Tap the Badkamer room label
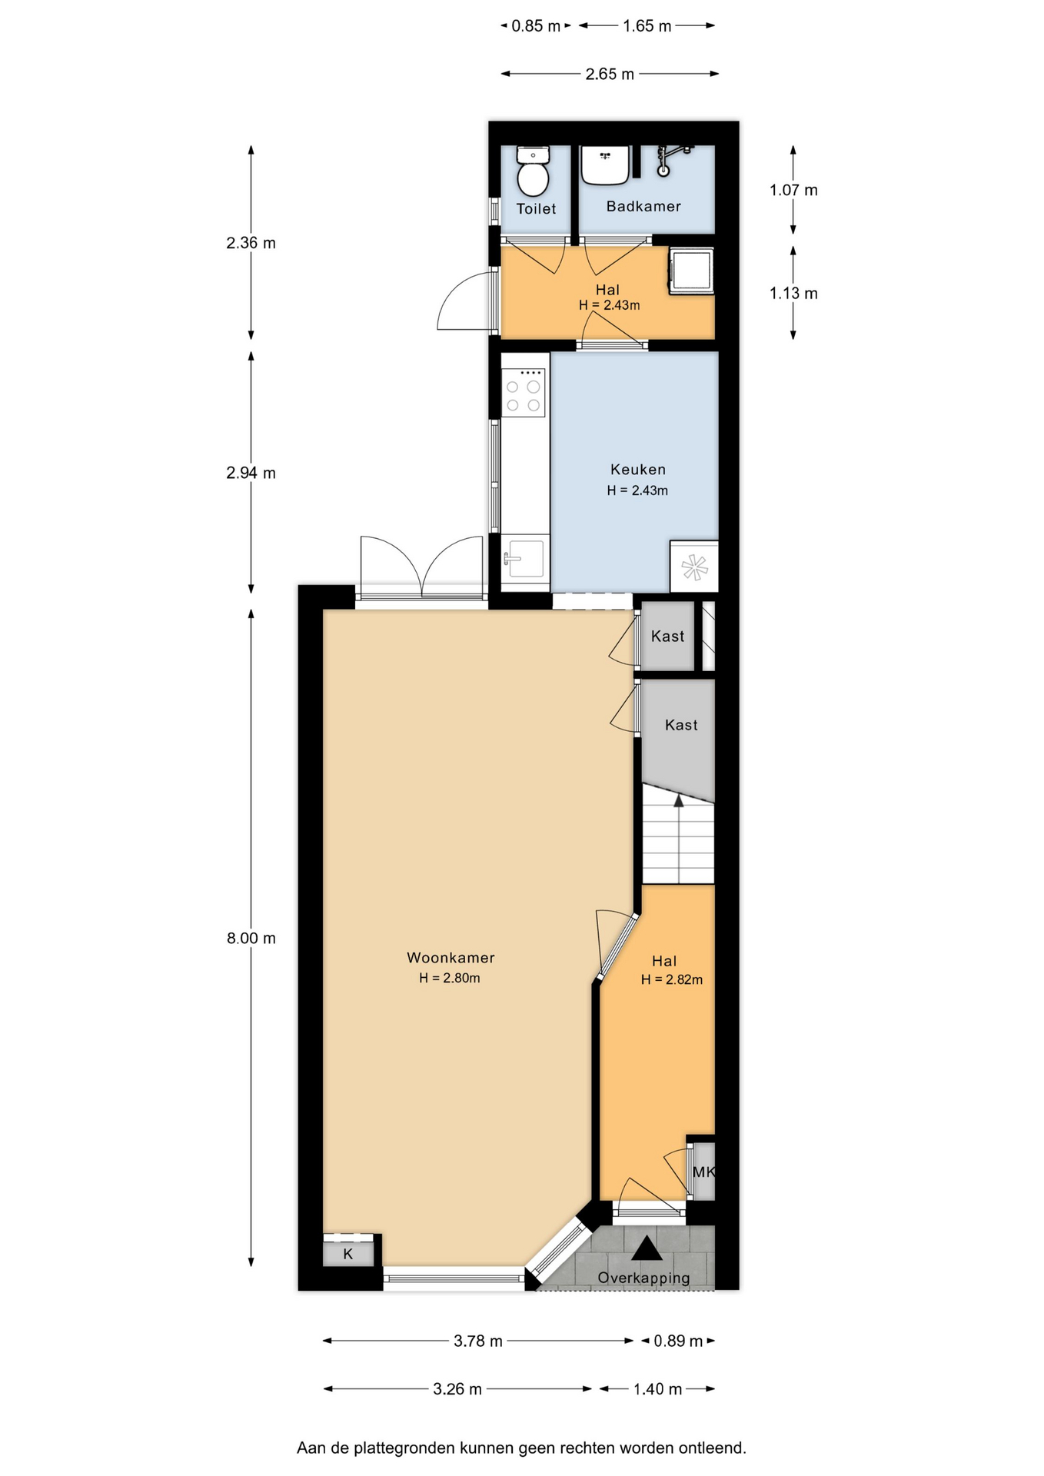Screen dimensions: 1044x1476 click(643, 206)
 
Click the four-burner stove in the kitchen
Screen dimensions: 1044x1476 click(524, 392)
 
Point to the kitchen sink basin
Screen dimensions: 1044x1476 click(526, 558)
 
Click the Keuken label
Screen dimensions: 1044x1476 click(638, 469)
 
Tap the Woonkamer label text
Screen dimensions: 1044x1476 click(451, 957)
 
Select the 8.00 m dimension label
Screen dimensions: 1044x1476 click(251, 938)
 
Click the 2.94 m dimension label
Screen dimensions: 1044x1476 click(251, 473)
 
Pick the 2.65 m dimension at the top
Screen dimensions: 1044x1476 click(610, 74)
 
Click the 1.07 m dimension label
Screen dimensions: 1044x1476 click(793, 190)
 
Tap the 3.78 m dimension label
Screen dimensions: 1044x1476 click(478, 1341)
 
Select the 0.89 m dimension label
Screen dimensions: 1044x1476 click(678, 1341)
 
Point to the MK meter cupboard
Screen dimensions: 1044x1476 click(703, 1172)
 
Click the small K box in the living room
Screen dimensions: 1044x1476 click(348, 1254)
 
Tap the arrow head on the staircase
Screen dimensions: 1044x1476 click(679, 800)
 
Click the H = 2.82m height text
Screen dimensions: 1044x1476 click(672, 979)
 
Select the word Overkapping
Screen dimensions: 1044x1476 click(643, 1278)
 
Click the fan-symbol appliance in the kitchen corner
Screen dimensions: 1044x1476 click(693, 567)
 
